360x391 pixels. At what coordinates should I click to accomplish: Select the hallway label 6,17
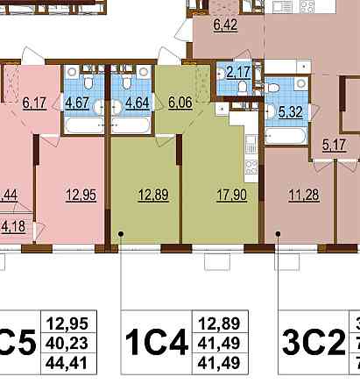coord(34,103)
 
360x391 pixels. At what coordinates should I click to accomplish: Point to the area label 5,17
coord(333,146)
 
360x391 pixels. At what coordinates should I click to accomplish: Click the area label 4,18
coord(12,226)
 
